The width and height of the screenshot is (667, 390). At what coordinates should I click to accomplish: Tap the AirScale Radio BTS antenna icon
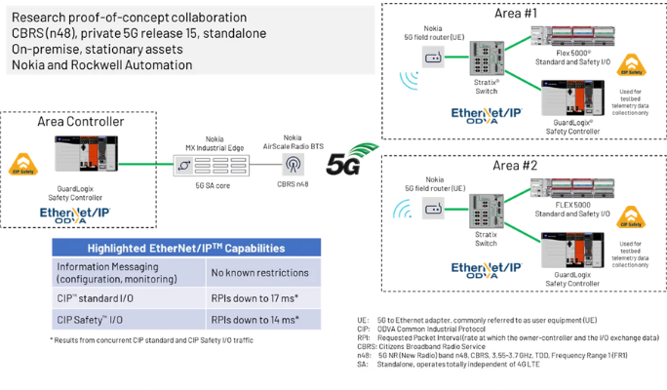(292, 164)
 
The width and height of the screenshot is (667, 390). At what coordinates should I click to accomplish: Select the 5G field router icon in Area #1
(434, 55)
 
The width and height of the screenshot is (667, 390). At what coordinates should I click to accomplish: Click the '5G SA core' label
(207, 183)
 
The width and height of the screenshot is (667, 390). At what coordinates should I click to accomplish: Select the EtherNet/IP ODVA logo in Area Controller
(75, 214)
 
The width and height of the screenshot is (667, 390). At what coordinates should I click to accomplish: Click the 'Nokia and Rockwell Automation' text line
(101, 64)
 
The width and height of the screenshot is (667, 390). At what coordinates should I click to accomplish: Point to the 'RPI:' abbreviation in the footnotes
(365, 337)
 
